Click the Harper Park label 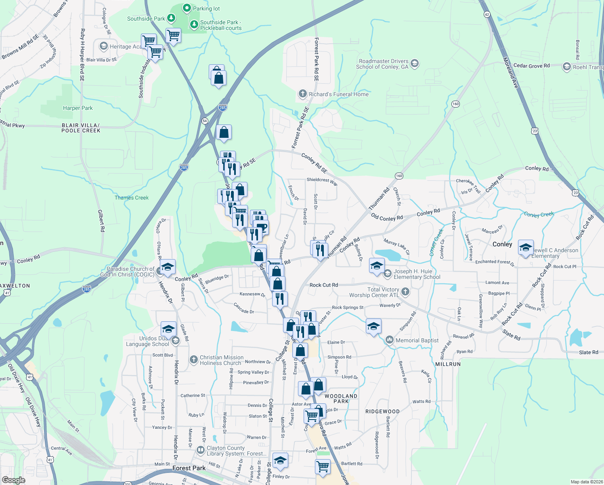78,108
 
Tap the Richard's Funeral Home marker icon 302,94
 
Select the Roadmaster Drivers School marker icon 415,64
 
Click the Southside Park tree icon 171,18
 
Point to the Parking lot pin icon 187,8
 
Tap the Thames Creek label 132,198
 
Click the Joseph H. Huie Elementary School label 417,274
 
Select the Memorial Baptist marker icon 389,340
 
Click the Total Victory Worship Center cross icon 405,292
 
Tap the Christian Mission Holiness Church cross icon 194,359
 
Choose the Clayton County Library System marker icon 200,450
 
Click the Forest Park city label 189,468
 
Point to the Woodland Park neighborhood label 341,399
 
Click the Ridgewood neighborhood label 382,411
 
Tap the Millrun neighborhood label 448,364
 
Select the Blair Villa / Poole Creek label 81,128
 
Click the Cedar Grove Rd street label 531,65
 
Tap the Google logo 14,480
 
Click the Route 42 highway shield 487,15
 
